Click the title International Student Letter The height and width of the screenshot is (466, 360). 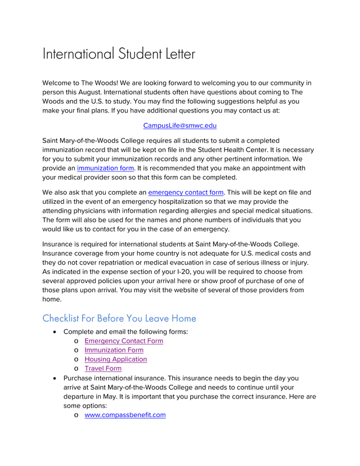click(119, 55)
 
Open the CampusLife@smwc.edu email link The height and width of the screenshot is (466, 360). click(180, 126)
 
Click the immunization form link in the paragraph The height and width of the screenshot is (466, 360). click(105, 168)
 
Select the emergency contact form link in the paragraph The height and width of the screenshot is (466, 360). click(186, 192)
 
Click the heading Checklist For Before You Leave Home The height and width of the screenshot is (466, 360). click(119, 318)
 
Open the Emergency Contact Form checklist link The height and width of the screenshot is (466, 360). click(124, 340)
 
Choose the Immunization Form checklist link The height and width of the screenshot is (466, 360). click(114, 350)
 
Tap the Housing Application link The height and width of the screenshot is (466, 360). click(115, 359)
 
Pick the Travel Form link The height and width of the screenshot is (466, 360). click(103, 369)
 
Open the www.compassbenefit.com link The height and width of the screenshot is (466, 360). click(125, 415)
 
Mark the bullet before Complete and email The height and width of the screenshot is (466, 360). click(55, 331)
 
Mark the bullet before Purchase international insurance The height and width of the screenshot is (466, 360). click(55, 378)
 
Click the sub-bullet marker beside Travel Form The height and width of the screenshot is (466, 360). click(76, 369)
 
